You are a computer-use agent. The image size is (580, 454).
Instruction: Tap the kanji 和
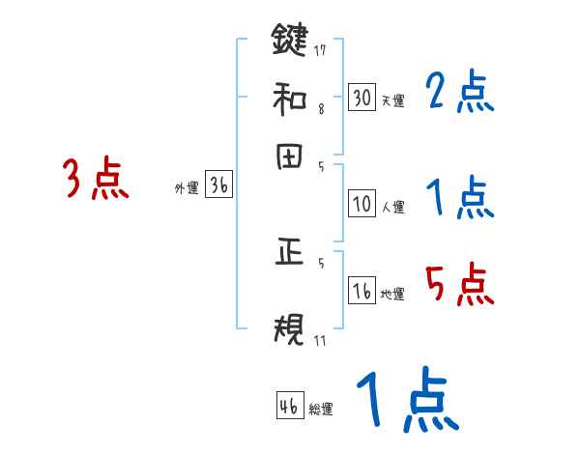289,98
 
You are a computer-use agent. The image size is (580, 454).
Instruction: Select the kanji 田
289,156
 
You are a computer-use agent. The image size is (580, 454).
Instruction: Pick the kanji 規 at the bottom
289,331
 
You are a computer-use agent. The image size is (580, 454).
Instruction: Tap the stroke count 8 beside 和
321,109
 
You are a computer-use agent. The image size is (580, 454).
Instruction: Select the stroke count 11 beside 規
320,341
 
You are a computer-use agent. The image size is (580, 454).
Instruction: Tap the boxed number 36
218,186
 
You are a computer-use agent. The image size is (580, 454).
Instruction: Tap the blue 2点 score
459,94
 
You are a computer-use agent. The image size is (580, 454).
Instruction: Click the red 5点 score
459,285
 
